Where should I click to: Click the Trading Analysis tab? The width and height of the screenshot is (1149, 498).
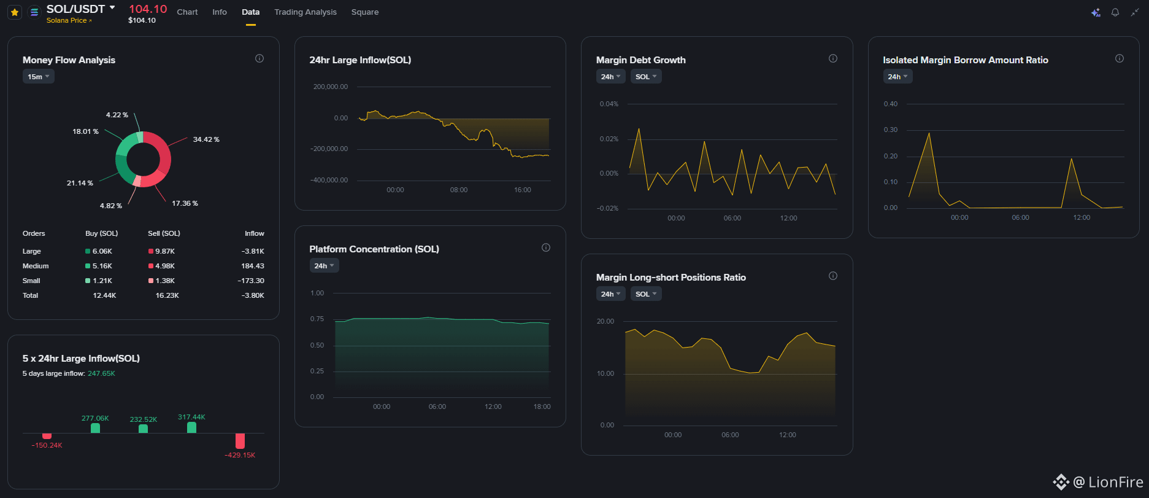pyautogui.click(x=306, y=12)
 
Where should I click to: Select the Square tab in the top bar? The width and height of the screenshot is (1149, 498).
pyautogui.click(x=365, y=12)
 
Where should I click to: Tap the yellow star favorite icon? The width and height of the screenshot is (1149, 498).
pyautogui.click(x=15, y=12)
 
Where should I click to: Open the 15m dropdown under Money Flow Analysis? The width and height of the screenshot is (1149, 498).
pyautogui.click(x=39, y=77)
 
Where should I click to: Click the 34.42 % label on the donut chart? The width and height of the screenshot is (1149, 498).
pyautogui.click(x=206, y=139)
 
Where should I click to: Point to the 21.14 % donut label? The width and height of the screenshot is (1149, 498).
pyautogui.click(x=80, y=183)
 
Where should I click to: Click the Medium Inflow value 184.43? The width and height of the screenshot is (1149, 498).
pyautogui.click(x=253, y=266)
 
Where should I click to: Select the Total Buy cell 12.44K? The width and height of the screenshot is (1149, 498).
pyautogui.click(x=105, y=295)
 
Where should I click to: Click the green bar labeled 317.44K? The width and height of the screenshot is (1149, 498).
pyautogui.click(x=191, y=427)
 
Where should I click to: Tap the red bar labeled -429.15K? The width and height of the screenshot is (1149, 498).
pyautogui.click(x=240, y=441)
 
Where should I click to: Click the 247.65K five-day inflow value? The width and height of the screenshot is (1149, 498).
pyautogui.click(x=101, y=373)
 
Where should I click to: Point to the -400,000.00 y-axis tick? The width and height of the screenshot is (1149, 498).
pyautogui.click(x=329, y=180)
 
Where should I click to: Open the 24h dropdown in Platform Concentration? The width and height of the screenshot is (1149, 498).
pyautogui.click(x=325, y=266)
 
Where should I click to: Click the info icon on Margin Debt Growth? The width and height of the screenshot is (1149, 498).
pyautogui.click(x=833, y=58)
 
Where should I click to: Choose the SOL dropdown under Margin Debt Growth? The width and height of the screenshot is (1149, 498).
pyautogui.click(x=646, y=77)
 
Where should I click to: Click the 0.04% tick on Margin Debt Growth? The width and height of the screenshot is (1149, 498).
pyautogui.click(x=609, y=104)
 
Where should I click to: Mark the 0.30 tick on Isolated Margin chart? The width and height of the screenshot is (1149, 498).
pyautogui.click(x=891, y=130)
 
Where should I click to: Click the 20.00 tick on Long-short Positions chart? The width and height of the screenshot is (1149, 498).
pyautogui.click(x=605, y=321)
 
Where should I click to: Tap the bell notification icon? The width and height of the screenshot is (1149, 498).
pyautogui.click(x=1115, y=12)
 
